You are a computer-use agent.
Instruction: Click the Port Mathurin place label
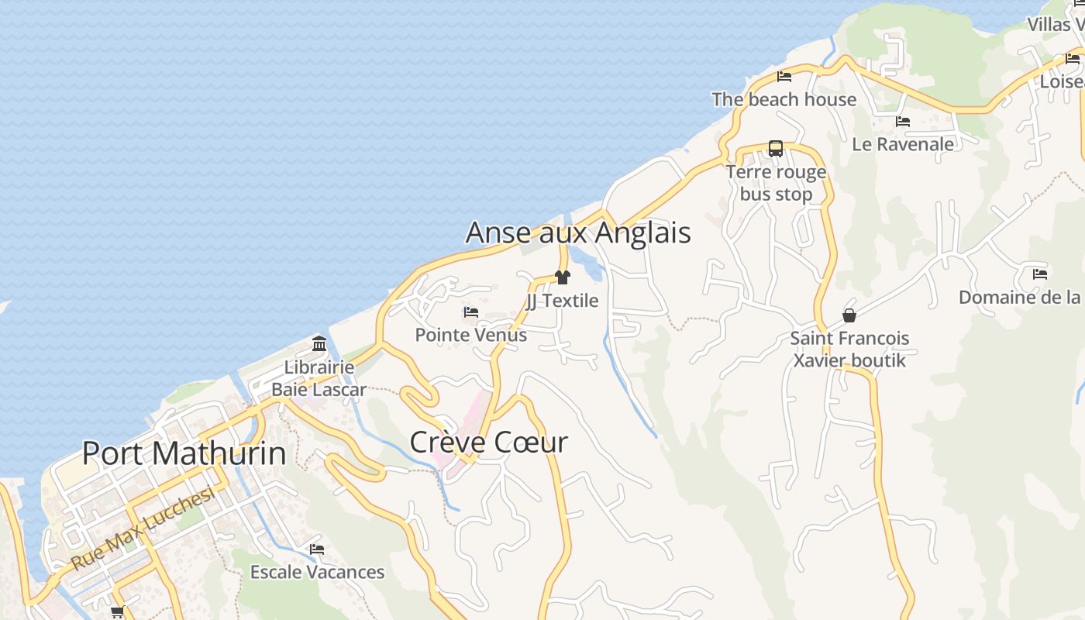(x=184, y=453)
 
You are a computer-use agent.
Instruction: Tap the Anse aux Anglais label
(x=578, y=232)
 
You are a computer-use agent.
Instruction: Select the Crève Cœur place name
(x=488, y=443)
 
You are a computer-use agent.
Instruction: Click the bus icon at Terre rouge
(x=775, y=149)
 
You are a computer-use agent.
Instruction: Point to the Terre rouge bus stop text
(x=776, y=183)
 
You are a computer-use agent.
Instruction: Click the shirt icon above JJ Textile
(x=563, y=277)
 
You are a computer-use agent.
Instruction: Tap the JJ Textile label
(x=563, y=301)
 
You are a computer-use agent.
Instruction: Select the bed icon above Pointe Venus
(x=471, y=312)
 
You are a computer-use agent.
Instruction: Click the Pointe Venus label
(x=471, y=335)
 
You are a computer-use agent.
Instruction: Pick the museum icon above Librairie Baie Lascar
(x=319, y=343)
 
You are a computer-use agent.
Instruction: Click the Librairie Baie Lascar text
(x=319, y=378)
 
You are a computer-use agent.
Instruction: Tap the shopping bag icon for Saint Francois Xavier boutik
(x=849, y=315)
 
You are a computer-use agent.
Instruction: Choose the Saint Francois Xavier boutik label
(x=849, y=350)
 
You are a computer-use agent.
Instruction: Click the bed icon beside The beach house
(x=784, y=77)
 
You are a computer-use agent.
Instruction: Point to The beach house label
(x=784, y=99)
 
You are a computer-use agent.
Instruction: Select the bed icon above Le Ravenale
(x=903, y=122)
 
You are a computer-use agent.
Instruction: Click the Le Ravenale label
(x=903, y=144)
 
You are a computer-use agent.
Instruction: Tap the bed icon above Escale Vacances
(x=317, y=549)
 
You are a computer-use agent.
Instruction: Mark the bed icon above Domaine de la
(x=1040, y=274)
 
